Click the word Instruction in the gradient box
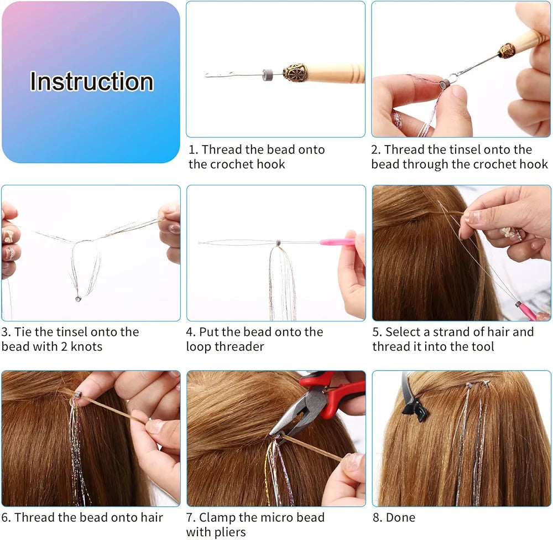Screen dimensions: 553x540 coord(92,81)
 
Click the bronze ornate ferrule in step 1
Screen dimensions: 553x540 coord(295,72)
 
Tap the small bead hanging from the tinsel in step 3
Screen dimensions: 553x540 coord(78,299)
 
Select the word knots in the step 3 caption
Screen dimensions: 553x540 coord(86,346)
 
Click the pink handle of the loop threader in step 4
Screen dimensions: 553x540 coord(337,242)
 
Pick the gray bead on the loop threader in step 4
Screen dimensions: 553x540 coord(278,242)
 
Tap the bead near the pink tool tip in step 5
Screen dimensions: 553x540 coord(518,304)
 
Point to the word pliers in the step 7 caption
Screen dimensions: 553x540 coord(230,532)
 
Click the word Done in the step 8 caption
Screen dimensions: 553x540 coord(400,517)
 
